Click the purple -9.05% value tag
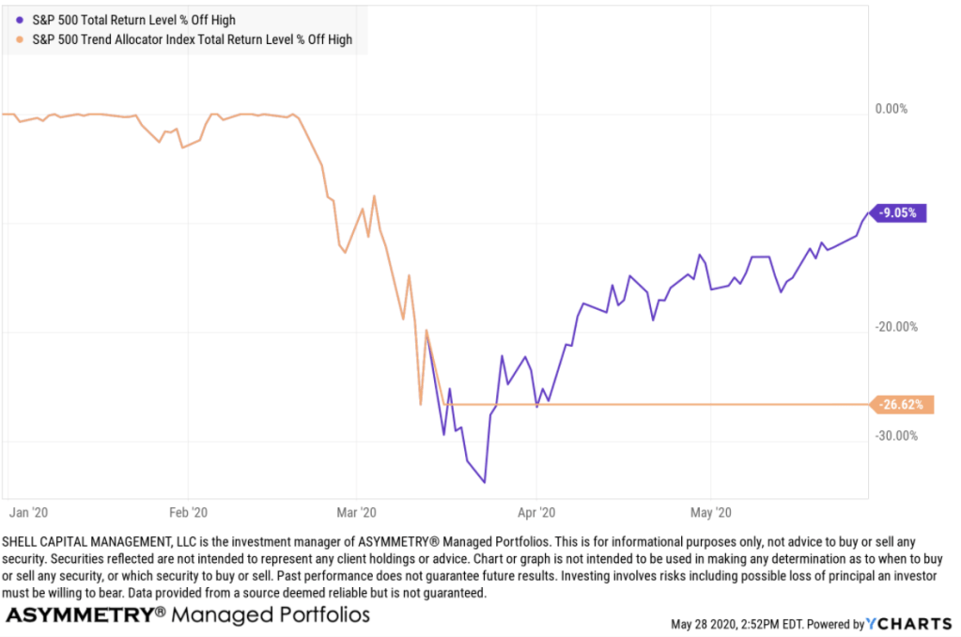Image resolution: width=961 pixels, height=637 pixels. (901, 212)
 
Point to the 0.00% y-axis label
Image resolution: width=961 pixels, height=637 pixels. (891, 109)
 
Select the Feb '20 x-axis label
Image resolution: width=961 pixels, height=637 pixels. (188, 513)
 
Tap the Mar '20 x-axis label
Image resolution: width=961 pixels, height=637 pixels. (356, 513)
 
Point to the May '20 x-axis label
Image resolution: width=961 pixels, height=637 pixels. (710, 513)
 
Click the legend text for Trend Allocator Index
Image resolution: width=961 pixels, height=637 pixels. (193, 40)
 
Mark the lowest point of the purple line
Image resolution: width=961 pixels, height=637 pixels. (484, 483)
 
